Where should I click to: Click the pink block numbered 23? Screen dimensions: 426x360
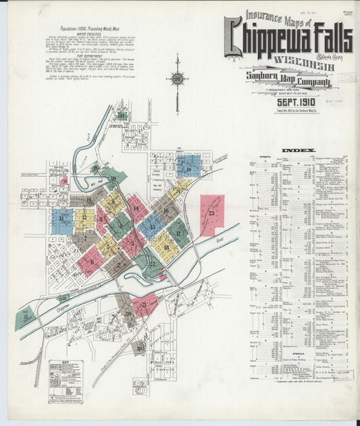coord(211,215)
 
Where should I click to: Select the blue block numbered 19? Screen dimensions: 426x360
coord(188,165)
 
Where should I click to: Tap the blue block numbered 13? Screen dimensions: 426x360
coord(61,221)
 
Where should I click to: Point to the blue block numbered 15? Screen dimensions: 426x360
coord(151,226)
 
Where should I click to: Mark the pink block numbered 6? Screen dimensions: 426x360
coord(91,260)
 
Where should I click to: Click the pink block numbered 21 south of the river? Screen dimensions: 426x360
coord(145,304)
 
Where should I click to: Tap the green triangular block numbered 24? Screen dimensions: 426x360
coord(26,316)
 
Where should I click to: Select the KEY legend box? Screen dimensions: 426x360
coord(66,380)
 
